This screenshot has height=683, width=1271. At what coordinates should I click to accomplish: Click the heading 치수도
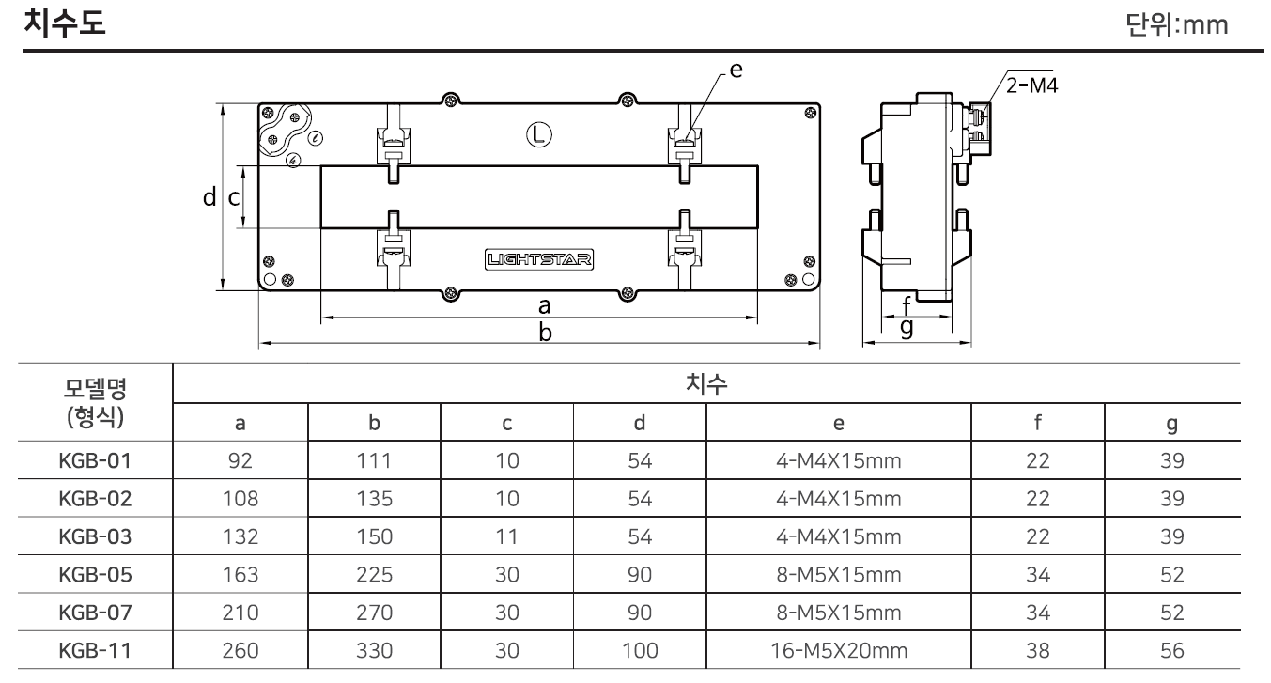click(x=68, y=23)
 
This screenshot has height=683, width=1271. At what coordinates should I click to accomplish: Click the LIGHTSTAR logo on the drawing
click(x=540, y=260)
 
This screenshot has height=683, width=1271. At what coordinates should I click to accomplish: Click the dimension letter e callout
click(x=736, y=69)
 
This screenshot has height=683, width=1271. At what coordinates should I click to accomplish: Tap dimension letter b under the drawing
click(x=544, y=333)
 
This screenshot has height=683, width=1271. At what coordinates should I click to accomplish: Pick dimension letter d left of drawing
click(x=209, y=197)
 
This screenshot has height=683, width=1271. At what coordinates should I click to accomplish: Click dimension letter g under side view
click(x=907, y=327)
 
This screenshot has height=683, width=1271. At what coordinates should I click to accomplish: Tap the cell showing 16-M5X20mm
click(x=838, y=649)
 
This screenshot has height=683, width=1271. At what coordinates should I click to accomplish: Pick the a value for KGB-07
click(x=240, y=613)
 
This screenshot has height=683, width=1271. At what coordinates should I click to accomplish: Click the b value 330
click(x=374, y=649)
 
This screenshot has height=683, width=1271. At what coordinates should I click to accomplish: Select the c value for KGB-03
click(x=506, y=537)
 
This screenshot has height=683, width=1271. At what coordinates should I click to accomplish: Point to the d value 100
click(x=640, y=649)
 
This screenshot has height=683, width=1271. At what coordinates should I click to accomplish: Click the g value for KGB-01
click(x=1171, y=461)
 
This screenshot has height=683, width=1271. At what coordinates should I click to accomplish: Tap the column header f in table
click(x=1037, y=424)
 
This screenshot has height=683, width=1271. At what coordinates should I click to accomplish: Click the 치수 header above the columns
click(x=705, y=383)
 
